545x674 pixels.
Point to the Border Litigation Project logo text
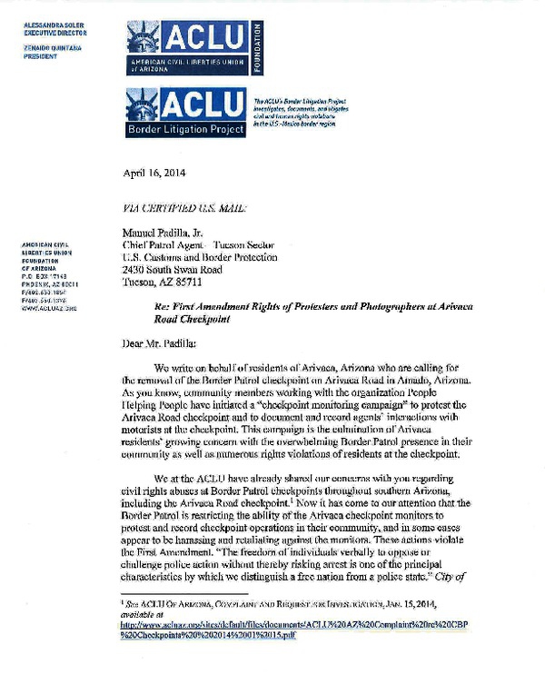pos(186,128)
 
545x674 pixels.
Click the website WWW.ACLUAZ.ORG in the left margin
pos(46,308)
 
